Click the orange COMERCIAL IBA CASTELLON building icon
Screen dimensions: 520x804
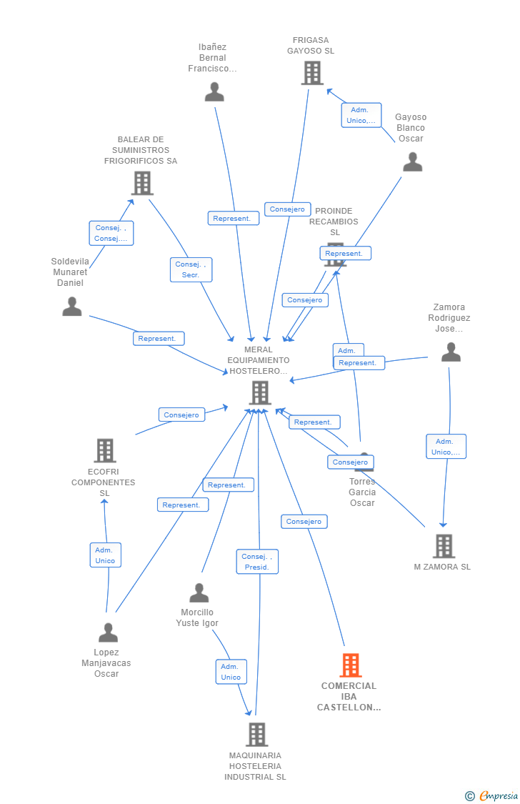[350, 665]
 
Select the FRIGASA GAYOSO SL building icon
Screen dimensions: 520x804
[312, 73]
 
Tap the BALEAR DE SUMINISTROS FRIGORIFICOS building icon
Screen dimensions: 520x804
[142, 184]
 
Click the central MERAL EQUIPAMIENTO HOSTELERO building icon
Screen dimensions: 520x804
[259, 392]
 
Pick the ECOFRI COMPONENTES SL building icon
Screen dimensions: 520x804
[105, 451]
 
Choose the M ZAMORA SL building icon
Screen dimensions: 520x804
[444, 546]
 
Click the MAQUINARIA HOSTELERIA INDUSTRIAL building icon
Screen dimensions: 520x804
[256, 735]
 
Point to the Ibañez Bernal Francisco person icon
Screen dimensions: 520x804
[214, 92]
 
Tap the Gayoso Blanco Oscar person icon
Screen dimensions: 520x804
[412, 162]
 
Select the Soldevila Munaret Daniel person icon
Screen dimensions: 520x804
[72, 307]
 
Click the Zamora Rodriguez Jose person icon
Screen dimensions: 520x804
[451, 352]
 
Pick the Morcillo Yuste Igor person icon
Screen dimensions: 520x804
[199, 593]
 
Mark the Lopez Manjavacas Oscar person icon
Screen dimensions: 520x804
[108, 633]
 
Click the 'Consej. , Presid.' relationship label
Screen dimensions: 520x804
[257, 562]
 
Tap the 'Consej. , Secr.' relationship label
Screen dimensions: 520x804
[191, 269]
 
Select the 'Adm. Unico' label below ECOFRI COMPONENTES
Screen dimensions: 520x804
[105, 555]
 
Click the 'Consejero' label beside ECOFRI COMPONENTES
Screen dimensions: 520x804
[181, 415]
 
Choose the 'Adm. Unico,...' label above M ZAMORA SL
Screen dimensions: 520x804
[446, 447]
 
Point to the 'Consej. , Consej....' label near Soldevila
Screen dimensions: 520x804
[111, 233]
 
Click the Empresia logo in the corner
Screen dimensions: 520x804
[492, 795]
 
